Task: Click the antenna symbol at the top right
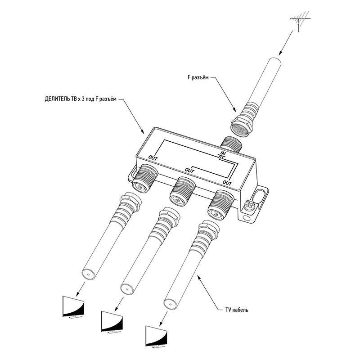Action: pyautogui.click(x=299, y=21)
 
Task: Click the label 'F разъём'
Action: pyautogui.click(x=198, y=77)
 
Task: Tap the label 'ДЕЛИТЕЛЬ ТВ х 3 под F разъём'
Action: pyautogui.click(x=81, y=99)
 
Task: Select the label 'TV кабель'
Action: pyautogui.click(x=237, y=310)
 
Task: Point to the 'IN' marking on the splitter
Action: pyautogui.click(x=223, y=153)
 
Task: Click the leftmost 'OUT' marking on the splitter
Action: pyautogui.click(x=153, y=158)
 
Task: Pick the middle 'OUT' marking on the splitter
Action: pyautogui.click(x=189, y=171)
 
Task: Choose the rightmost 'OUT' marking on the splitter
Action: pyautogui.click(x=227, y=183)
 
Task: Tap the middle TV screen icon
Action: pyautogui.click(x=112, y=322)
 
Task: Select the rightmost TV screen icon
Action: pyautogui.click(x=156, y=336)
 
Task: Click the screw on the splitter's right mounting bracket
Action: pyautogui.click(x=249, y=205)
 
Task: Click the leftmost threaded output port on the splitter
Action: pyautogui.click(x=144, y=178)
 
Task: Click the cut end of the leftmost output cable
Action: pyautogui.click(x=88, y=274)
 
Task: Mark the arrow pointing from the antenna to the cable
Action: pyautogui.click(x=286, y=43)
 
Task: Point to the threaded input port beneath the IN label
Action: pyautogui.click(x=230, y=144)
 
